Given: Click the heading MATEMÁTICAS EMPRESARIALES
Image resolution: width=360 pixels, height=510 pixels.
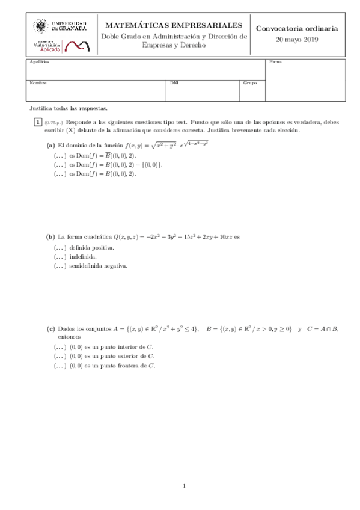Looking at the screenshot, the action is coord(174,25).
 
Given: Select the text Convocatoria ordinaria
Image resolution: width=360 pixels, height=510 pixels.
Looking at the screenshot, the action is coord(296,28).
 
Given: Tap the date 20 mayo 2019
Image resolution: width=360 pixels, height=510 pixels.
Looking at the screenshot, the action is coord(296,40).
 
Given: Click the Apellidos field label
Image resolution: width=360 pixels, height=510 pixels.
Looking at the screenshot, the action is coord(40,62).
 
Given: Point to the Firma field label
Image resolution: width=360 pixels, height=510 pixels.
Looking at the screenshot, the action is coord(275,62).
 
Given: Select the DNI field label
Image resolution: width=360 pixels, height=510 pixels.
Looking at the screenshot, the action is coord(174,82).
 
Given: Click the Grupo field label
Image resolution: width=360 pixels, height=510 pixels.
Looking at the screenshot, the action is coord(249,82).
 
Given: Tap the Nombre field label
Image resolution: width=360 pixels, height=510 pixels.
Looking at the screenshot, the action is coord(38,82).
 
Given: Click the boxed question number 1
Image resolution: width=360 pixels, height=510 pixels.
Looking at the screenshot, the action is coord(37,123).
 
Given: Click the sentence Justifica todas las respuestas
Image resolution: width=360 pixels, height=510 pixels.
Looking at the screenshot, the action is coord(68,109).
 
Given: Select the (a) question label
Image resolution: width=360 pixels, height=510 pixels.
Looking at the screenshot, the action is coord(51,145).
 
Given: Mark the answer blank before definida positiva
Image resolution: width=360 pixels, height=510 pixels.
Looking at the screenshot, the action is coord(60,247).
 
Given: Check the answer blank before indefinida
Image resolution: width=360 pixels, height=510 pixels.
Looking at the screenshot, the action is coord(60,256).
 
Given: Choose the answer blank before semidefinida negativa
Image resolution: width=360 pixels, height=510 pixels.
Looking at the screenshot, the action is coord(60,265).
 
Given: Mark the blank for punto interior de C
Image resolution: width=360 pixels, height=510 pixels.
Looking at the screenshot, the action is coord(60,347).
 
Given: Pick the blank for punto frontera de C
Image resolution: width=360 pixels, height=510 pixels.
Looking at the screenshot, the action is coord(60,365).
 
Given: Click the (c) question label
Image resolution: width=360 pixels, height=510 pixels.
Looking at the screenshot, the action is coord(51,329).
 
